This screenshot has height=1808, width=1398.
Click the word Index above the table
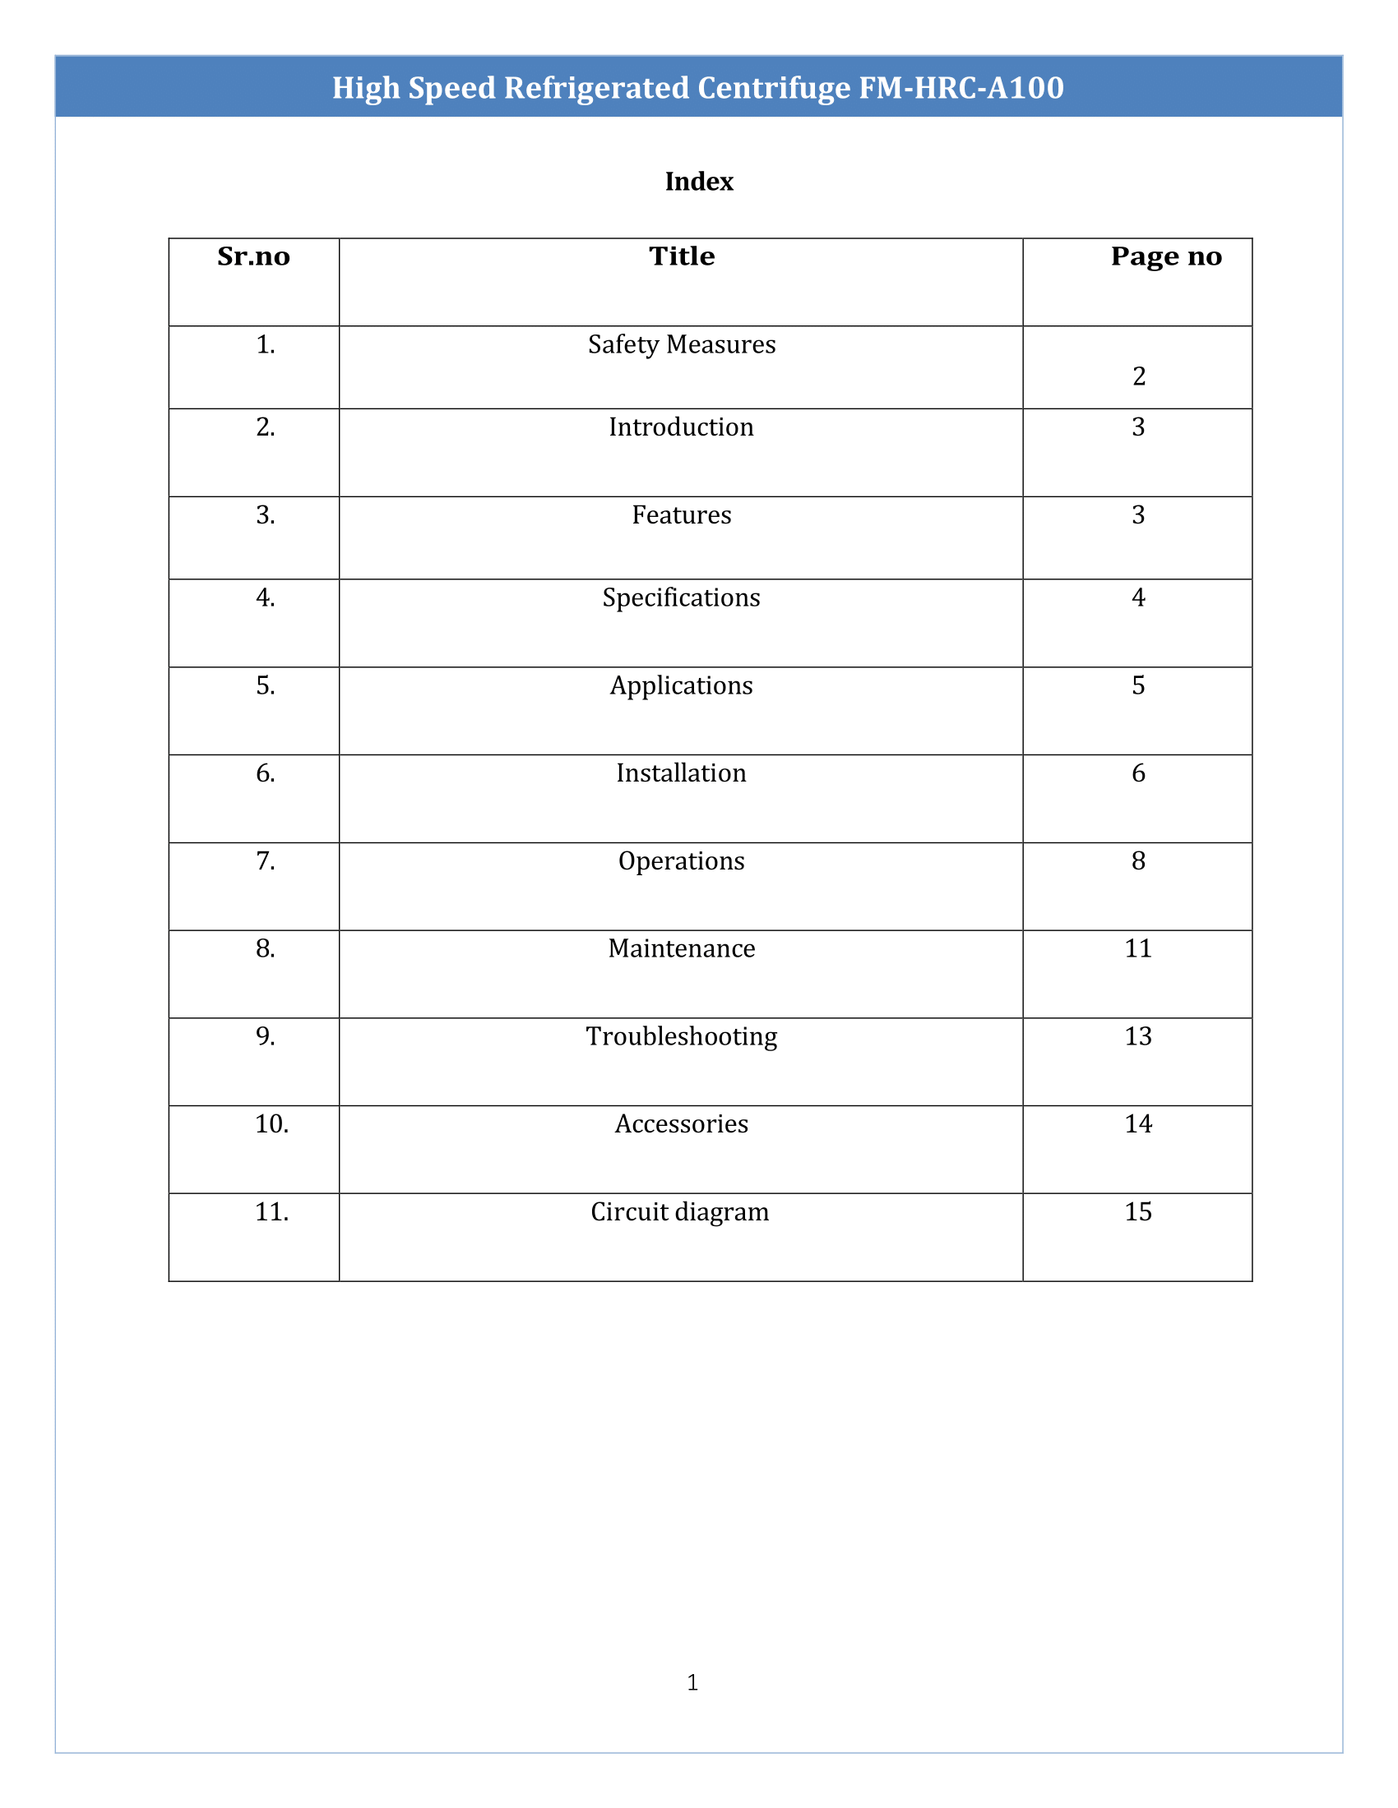(698, 182)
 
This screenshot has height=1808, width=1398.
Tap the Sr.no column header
(253, 256)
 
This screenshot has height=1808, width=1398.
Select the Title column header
(681, 256)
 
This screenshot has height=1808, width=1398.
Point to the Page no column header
(1165, 256)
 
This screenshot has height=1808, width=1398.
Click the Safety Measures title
(681, 344)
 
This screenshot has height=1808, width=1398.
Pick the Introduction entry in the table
(681, 427)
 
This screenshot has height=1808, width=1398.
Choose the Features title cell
(681, 515)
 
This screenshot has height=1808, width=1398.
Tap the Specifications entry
(681, 597)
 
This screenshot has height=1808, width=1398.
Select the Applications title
(681, 685)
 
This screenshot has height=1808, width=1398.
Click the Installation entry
(681, 773)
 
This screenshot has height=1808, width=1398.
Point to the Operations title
(681, 861)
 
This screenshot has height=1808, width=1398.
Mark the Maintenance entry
(681, 948)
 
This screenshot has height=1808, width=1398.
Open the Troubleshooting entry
(681, 1036)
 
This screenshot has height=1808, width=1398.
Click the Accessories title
(681, 1124)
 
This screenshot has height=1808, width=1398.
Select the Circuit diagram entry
(679, 1212)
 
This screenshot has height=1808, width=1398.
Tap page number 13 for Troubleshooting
(1138, 1036)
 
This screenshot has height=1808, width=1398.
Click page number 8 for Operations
(1138, 861)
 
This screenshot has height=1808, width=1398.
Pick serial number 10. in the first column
(271, 1124)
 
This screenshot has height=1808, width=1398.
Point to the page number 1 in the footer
(692, 1682)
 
